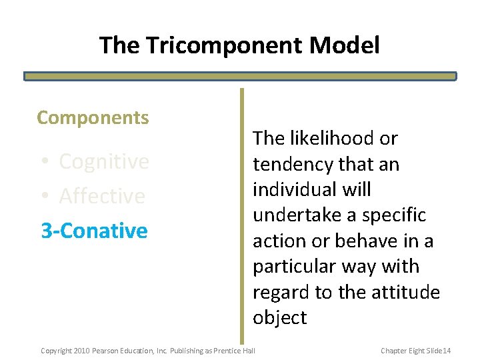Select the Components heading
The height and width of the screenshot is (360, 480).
point(93,118)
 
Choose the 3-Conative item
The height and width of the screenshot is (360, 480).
point(94,231)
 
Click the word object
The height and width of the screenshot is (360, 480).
point(279,317)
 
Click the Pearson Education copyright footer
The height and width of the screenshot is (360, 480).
point(148,351)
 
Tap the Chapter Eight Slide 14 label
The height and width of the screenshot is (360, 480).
point(416,351)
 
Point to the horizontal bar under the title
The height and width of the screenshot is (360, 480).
point(240,76)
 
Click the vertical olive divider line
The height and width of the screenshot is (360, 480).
point(242,213)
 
